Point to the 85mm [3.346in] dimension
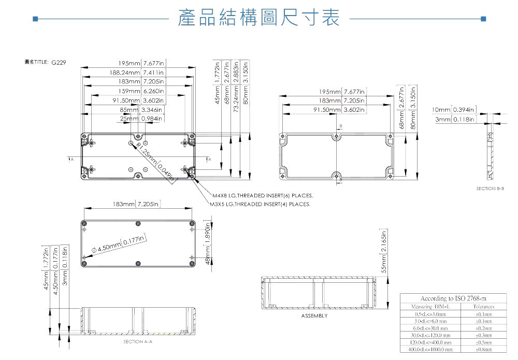[x=141, y=110]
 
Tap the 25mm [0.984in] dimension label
[x=141, y=119]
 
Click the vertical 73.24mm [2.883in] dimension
[x=236, y=84]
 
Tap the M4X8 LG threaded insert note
[x=263, y=196]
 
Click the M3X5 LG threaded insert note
[x=260, y=205]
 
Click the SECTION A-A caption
[x=137, y=342]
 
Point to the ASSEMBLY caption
[x=314, y=315]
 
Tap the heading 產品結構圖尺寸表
[x=258, y=19]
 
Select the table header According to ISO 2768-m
[x=449, y=298]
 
